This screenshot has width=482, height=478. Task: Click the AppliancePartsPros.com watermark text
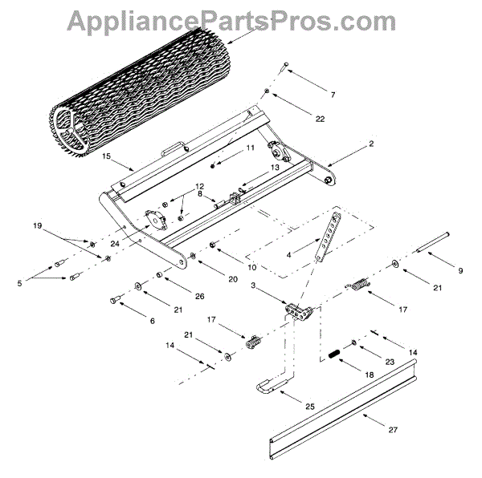pyautogui.click(x=241, y=20)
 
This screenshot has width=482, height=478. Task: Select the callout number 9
pyautogui.click(x=460, y=271)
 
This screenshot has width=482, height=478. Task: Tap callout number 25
pyautogui.click(x=309, y=407)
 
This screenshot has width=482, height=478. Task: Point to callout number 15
pyautogui.click(x=106, y=158)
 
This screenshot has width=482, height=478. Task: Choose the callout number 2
pyautogui.click(x=349, y=145)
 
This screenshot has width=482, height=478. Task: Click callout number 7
pyautogui.click(x=332, y=95)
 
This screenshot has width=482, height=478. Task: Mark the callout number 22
pyautogui.click(x=319, y=119)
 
